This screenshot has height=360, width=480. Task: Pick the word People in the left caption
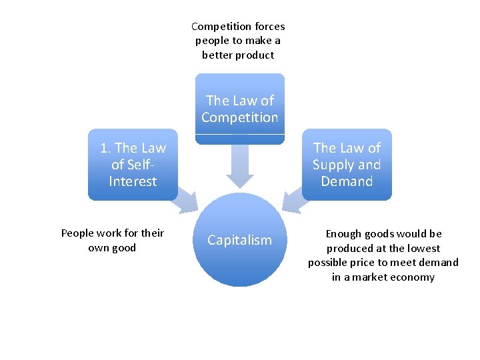pyautogui.click(x=77, y=233)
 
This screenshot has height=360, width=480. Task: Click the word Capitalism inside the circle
pyautogui.click(x=240, y=240)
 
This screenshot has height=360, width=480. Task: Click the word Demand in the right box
pyautogui.click(x=347, y=181)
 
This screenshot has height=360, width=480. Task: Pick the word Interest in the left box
pyautogui.click(x=133, y=181)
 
